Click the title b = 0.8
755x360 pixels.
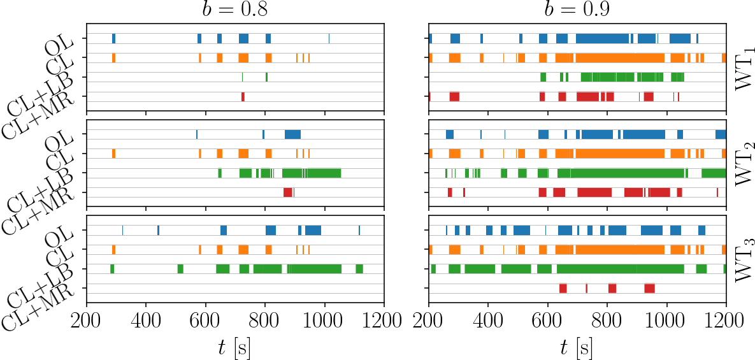click(235, 10)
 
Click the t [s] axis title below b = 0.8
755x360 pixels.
click(235, 347)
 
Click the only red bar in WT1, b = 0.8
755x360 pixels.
click(243, 97)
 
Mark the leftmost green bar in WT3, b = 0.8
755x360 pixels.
click(112, 269)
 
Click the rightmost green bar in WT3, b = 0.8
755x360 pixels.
click(359, 269)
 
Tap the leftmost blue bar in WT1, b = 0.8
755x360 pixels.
click(113, 39)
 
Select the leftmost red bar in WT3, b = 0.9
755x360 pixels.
click(563, 288)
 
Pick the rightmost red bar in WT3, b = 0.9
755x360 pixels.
click(649, 288)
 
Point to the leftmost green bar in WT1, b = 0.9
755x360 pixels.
click(543, 78)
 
